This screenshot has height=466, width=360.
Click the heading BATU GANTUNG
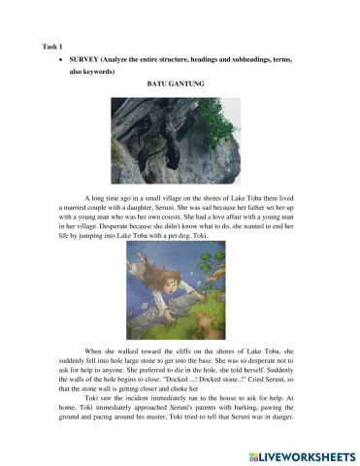175,84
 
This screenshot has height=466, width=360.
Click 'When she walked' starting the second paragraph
113,349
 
